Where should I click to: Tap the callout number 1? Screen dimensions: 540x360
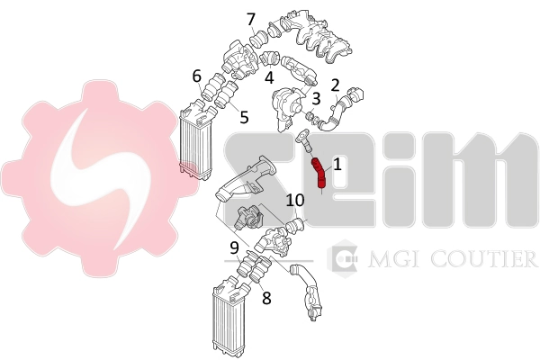tap(337, 165)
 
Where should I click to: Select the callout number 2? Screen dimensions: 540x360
tap(336, 85)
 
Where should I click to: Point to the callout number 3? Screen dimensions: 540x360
tap(316, 99)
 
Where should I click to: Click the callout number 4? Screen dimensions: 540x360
tap(269, 78)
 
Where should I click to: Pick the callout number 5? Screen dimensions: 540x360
tap(244, 117)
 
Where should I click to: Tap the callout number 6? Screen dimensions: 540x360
tap(196, 76)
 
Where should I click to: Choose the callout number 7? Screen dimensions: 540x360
tap(251, 19)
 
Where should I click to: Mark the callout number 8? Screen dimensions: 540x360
tap(267, 298)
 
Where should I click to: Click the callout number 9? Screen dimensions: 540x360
tap(235, 247)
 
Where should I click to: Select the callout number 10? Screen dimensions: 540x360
tap(295, 200)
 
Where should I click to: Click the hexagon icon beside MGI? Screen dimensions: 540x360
tap(343, 257)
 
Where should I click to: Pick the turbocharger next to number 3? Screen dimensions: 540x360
tap(289, 109)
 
